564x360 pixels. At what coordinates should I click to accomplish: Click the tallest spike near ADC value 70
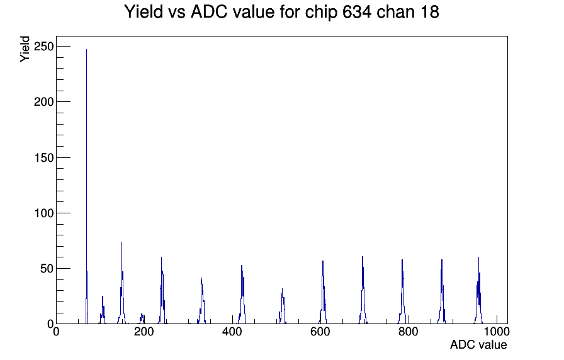pos(87,186)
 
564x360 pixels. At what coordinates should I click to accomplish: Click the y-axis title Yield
pos(25,49)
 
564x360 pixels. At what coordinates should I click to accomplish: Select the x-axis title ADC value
pos(478,344)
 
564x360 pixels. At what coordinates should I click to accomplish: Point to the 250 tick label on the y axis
pos(43,47)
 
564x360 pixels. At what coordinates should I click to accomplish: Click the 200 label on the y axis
pos(43,102)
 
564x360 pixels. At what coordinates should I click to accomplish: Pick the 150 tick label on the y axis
pos(43,157)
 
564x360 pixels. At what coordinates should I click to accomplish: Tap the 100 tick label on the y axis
pos(43,213)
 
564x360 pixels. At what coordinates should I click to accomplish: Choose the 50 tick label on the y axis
pos(47,268)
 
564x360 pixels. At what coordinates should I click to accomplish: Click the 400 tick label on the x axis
pos(232,331)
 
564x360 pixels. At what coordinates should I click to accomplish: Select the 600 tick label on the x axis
pos(320,331)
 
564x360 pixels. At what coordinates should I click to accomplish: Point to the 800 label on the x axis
pos(409,331)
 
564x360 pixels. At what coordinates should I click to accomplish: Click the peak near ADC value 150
pos(122,284)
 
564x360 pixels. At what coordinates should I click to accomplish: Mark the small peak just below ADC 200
pos(142,318)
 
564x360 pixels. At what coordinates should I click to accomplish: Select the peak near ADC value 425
pos(242,295)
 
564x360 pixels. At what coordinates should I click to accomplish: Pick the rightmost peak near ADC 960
pos(478,291)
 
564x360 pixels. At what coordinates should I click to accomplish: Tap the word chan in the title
pos(393,12)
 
